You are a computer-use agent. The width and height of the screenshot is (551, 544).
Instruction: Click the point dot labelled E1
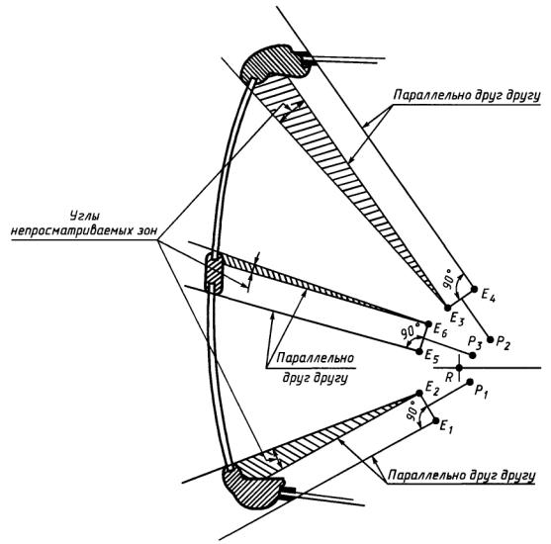(x=436, y=420)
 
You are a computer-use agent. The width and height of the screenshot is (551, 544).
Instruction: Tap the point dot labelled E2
(x=419, y=393)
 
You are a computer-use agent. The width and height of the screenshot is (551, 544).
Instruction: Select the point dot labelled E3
(x=447, y=308)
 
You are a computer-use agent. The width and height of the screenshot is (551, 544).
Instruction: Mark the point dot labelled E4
(x=474, y=289)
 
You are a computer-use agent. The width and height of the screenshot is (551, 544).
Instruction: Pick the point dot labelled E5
(x=419, y=351)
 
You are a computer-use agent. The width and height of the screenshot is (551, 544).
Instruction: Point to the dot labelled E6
(x=428, y=323)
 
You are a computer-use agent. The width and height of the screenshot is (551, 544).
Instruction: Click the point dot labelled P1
(x=470, y=382)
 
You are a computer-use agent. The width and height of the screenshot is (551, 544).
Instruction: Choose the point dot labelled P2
(x=490, y=339)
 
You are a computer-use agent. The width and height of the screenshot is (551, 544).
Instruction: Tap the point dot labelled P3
(x=473, y=355)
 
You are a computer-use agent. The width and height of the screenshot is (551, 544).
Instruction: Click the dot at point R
(x=459, y=368)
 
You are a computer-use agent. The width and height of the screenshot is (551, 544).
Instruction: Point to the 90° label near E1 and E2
(x=413, y=410)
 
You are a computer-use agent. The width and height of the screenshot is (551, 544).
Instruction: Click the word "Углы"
(x=83, y=215)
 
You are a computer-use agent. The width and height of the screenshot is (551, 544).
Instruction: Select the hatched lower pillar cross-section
(x=253, y=488)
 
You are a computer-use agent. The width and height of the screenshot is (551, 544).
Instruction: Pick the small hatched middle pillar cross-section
(x=214, y=273)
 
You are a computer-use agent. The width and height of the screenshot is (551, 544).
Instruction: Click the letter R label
(x=449, y=378)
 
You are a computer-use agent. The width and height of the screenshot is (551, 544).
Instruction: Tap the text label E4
(x=489, y=294)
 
